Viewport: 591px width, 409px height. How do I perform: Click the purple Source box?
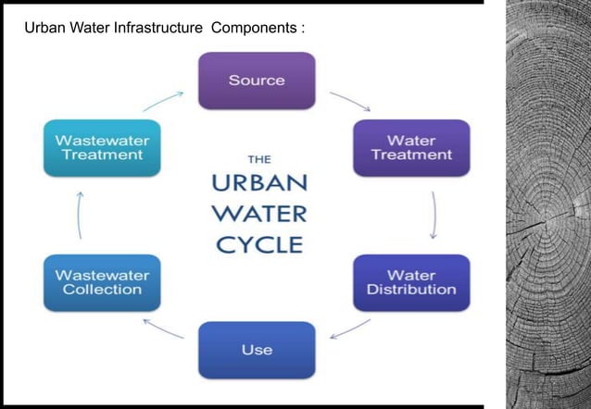click(257, 81)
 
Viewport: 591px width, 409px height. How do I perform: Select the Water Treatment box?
click(411, 148)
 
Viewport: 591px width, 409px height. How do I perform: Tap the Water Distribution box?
click(411, 282)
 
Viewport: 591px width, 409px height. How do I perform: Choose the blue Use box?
click(257, 350)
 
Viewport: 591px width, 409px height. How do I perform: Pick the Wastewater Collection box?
click(102, 282)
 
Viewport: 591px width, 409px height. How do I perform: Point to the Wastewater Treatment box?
click(102, 148)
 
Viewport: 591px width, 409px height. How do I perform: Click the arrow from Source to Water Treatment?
click(349, 101)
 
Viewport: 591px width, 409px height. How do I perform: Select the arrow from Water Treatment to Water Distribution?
click(434, 216)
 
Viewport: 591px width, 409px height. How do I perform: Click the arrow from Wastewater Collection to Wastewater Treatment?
click(81, 216)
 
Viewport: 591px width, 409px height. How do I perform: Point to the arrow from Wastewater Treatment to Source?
click(163, 100)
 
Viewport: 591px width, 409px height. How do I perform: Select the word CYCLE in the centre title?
click(258, 244)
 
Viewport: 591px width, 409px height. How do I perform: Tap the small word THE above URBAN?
click(258, 158)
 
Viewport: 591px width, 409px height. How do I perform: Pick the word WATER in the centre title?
click(258, 215)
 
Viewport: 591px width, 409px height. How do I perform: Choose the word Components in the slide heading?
click(254, 29)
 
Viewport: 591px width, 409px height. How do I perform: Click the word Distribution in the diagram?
click(411, 290)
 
